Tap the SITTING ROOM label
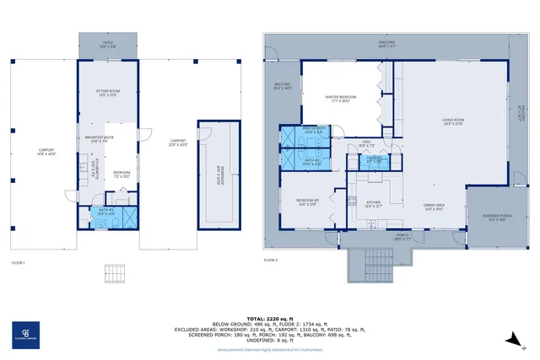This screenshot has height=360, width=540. (x=107, y=94)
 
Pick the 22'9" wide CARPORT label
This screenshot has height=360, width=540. (x=178, y=142)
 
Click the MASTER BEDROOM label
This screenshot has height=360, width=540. (x=341, y=99)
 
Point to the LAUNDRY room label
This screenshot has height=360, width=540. (x=375, y=159)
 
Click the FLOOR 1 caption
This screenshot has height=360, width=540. (x=19, y=264)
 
